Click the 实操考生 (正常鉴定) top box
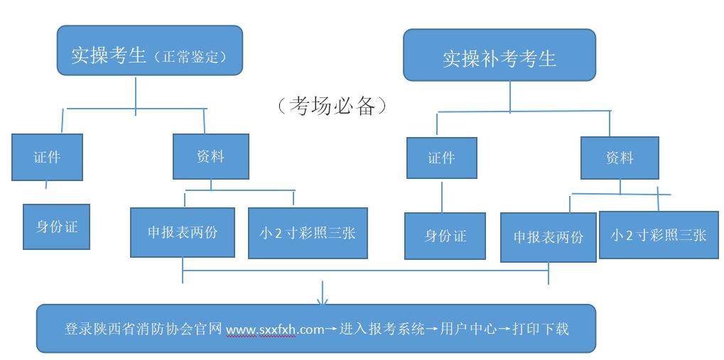tap(150, 50)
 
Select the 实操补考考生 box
tap(499, 55)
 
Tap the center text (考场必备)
tap(333, 106)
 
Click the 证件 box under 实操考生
tap(47, 157)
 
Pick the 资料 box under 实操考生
tap(211, 156)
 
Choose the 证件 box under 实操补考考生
tap(441, 158)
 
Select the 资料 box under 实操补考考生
tap(620, 158)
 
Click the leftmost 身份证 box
tap(57, 227)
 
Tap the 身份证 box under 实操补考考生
tap(445, 236)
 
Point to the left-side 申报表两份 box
tap(183, 232)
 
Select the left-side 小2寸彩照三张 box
tap(308, 233)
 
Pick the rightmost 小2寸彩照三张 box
tap(659, 234)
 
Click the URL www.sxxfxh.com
tap(275, 329)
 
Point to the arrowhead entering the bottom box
tap(323, 300)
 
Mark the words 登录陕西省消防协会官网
tap(143, 329)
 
